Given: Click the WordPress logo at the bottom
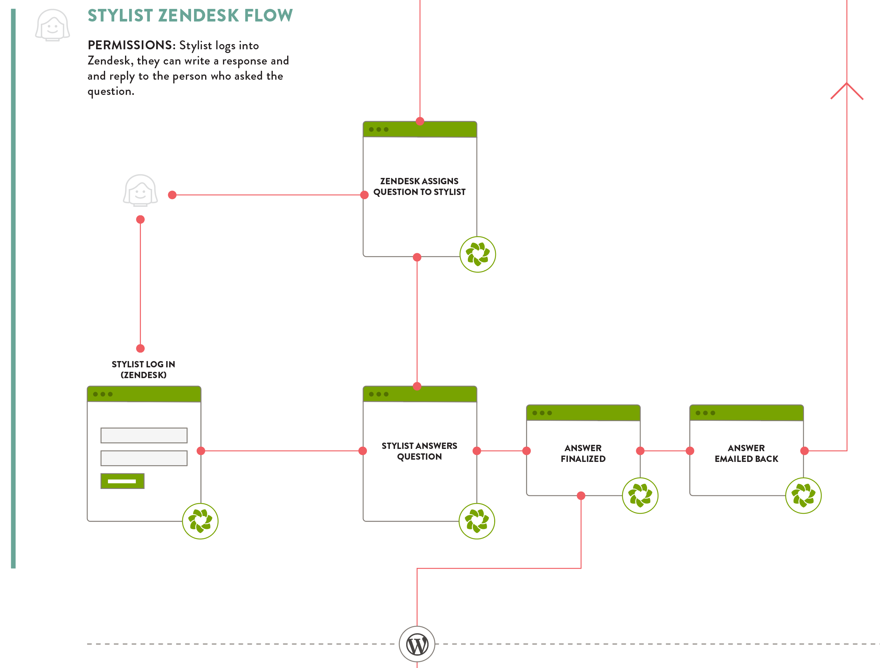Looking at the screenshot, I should tap(417, 644).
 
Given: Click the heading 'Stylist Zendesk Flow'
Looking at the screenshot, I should tap(190, 16).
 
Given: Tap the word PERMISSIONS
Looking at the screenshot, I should tap(130, 45).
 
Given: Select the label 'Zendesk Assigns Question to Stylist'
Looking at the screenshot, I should tap(419, 186).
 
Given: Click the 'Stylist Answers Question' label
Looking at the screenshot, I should tap(419, 451).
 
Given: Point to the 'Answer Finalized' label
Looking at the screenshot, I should tap(583, 453).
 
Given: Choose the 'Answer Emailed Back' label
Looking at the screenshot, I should tap(746, 453).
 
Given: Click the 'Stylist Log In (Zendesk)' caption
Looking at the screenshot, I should tap(143, 369).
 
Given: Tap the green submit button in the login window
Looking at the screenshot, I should tap(122, 481).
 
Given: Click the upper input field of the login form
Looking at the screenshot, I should tap(144, 436).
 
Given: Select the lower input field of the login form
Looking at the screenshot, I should tap(144, 458).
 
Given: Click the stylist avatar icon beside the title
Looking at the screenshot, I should tap(53, 26).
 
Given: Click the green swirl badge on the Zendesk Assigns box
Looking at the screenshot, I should tap(477, 254).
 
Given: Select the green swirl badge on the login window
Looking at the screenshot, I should tap(200, 521).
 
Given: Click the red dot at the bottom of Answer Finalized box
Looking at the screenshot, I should tap(581, 495).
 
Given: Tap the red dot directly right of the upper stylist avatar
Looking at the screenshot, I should tap(172, 195).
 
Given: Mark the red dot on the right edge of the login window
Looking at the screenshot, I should tap(201, 451).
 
